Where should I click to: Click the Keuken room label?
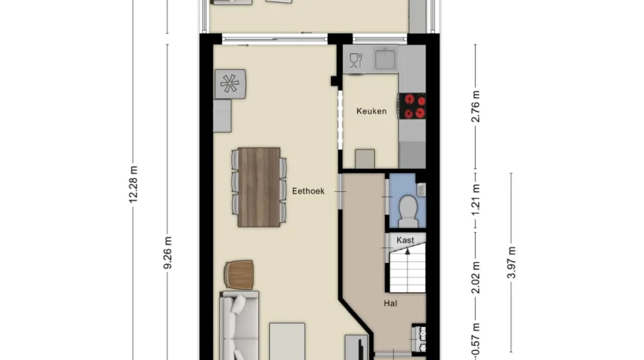pyautogui.click(x=371, y=111)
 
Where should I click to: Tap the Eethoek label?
pyautogui.click(x=308, y=191)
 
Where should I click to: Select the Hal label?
pyautogui.click(x=390, y=304)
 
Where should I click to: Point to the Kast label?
pyautogui.click(x=405, y=241)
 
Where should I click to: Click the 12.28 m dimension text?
pyautogui.click(x=133, y=184)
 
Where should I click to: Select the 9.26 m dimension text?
pyautogui.click(x=167, y=253)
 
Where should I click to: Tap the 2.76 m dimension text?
pyautogui.click(x=476, y=106)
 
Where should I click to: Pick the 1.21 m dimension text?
pyautogui.click(x=476, y=200)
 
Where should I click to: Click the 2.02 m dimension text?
pyautogui.click(x=476, y=278)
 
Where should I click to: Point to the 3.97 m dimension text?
pyautogui.click(x=511, y=263)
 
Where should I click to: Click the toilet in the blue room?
pyautogui.click(x=408, y=210)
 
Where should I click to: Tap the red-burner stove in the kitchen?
pyautogui.click(x=412, y=106)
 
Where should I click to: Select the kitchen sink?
pyautogui.click(x=386, y=59)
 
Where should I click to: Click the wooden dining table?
pyautogui.click(x=259, y=187)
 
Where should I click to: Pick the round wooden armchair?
pyautogui.click(x=238, y=274)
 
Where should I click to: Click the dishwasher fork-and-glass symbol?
pyautogui.click(x=356, y=60)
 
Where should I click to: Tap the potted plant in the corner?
pyautogui.click(x=230, y=84)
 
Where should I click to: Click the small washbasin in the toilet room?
pyautogui.click(x=421, y=189)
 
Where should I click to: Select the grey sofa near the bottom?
pyautogui.click(x=239, y=325)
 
